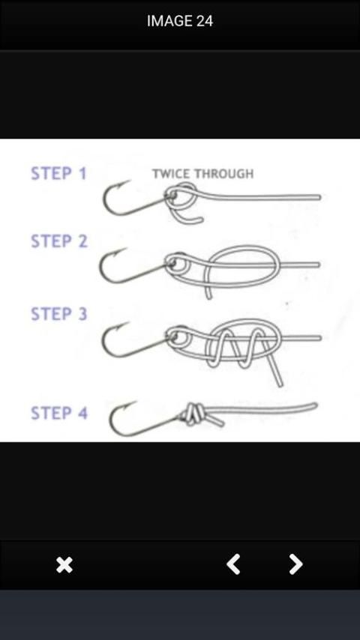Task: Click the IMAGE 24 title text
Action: [x=180, y=21]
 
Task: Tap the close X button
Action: [x=64, y=565]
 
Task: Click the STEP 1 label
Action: [x=58, y=173]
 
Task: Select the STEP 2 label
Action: [x=59, y=241]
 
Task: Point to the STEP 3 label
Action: [x=59, y=314]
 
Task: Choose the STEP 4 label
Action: [x=59, y=413]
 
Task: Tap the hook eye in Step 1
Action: [x=171, y=196]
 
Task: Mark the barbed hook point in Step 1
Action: [x=124, y=183]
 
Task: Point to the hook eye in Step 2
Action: [x=172, y=262]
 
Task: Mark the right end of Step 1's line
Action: [x=319, y=198]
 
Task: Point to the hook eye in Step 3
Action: [x=173, y=336]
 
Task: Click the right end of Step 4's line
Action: [x=315, y=405]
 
